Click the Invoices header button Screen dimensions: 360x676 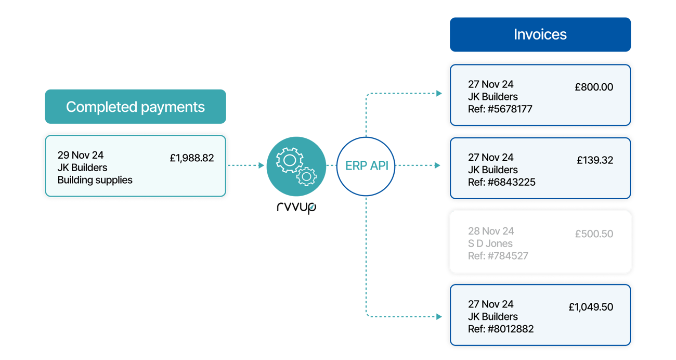pos(540,35)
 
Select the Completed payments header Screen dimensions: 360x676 pos(135,107)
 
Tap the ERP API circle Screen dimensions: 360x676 pos(366,166)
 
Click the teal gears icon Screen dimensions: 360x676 pos(296,166)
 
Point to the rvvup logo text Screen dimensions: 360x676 pos(296,207)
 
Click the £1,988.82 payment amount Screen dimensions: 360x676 pos(192,158)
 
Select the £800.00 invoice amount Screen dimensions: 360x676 pos(594,87)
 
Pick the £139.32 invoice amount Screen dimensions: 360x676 pos(595,160)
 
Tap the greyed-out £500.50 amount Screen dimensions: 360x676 pos(594,234)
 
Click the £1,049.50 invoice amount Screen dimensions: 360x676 pos(591,307)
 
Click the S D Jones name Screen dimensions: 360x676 pos(490,243)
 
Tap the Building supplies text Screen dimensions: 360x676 pos(95,180)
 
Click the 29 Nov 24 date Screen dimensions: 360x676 pos(81,155)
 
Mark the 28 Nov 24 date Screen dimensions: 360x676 pos(491,231)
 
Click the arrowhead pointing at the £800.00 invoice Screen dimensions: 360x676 pos(440,94)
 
